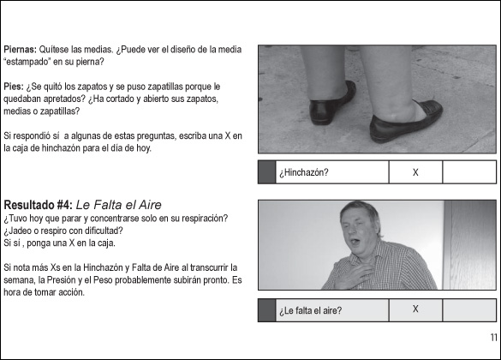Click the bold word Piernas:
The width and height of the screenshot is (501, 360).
[x=20, y=50]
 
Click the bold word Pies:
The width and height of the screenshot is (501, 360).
[x=14, y=87]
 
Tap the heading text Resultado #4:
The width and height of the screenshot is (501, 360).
[x=39, y=205]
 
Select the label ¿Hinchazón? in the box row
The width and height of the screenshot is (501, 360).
[x=303, y=172]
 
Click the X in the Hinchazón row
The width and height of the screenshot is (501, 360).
[x=415, y=172]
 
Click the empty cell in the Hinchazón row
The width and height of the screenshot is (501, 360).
[x=469, y=172]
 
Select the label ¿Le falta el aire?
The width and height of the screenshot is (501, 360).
[x=311, y=310]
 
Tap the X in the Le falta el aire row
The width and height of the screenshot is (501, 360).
[x=415, y=309]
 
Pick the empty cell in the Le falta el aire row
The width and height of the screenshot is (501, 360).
[x=469, y=310]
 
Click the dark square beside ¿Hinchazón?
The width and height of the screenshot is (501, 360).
[x=267, y=172]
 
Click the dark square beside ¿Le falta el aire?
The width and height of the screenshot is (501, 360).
[x=267, y=310]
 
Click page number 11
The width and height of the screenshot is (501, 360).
[x=493, y=338]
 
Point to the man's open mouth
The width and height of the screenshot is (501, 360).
[x=354, y=240]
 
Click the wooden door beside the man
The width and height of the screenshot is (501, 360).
[x=469, y=245]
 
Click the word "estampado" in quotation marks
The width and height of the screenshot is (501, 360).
[x=27, y=62]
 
